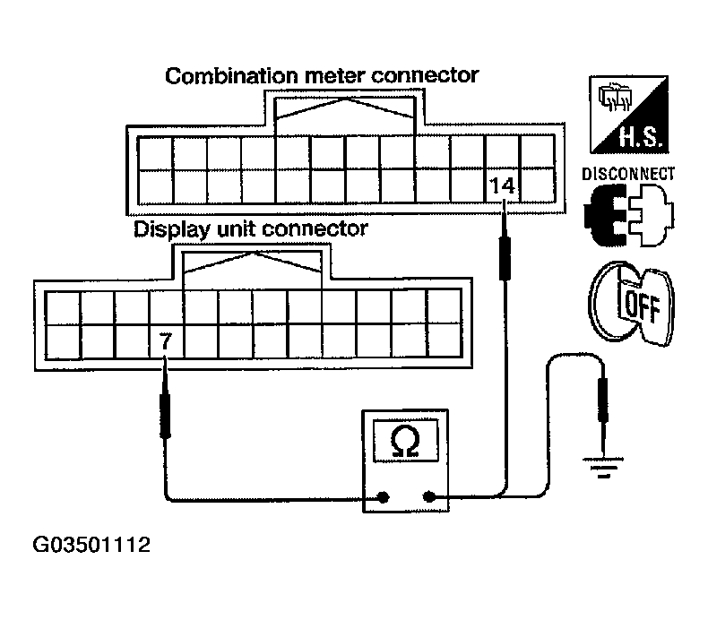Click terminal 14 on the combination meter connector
tap(503, 185)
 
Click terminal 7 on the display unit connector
tap(165, 341)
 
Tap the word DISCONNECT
tap(628, 174)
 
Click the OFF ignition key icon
tap(630, 303)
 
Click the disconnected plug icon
tap(627, 218)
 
